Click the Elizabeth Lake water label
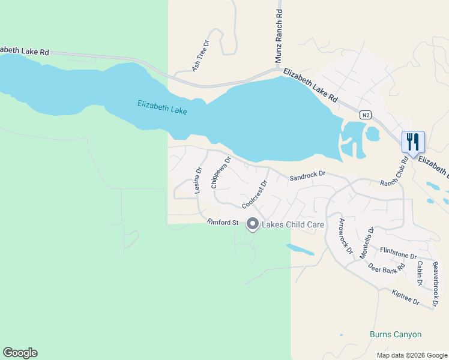(162, 107)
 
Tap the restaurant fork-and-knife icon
(413, 142)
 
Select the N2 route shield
(365, 115)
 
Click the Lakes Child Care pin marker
(253, 224)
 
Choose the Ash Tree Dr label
(200, 56)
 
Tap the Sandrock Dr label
(307, 176)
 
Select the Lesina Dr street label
(198, 181)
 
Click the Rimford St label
(223, 223)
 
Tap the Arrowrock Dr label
(345, 236)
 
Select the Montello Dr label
(367, 242)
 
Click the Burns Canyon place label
(396, 334)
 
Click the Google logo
(20, 353)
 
